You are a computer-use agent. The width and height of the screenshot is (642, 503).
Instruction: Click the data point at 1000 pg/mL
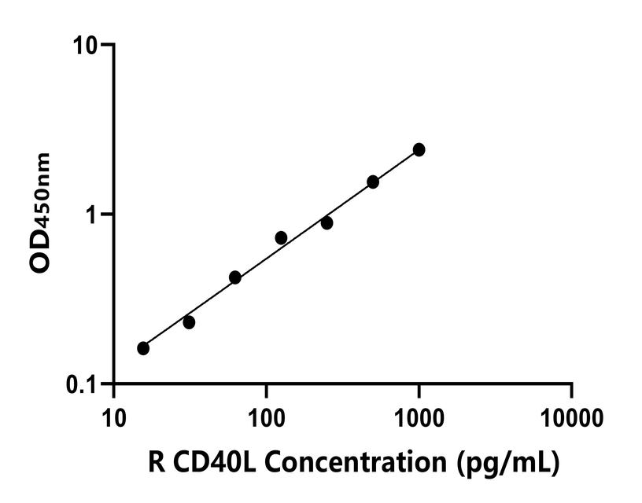tap(419, 149)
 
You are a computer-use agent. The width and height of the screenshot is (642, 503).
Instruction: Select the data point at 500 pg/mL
tap(373, 182)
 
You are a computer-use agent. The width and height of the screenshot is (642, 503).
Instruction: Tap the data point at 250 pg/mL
tap(327, 223)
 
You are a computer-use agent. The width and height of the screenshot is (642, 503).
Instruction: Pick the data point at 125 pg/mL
tap(281, 237)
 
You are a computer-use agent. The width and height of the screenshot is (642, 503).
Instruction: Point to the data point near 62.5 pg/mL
tap(234, 277)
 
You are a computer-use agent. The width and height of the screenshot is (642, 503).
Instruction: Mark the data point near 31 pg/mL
tap(189, 322)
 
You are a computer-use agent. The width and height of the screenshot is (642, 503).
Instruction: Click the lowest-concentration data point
tap(143, 348)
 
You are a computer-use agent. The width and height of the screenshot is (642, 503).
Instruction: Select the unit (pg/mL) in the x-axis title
tap(508, 464)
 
